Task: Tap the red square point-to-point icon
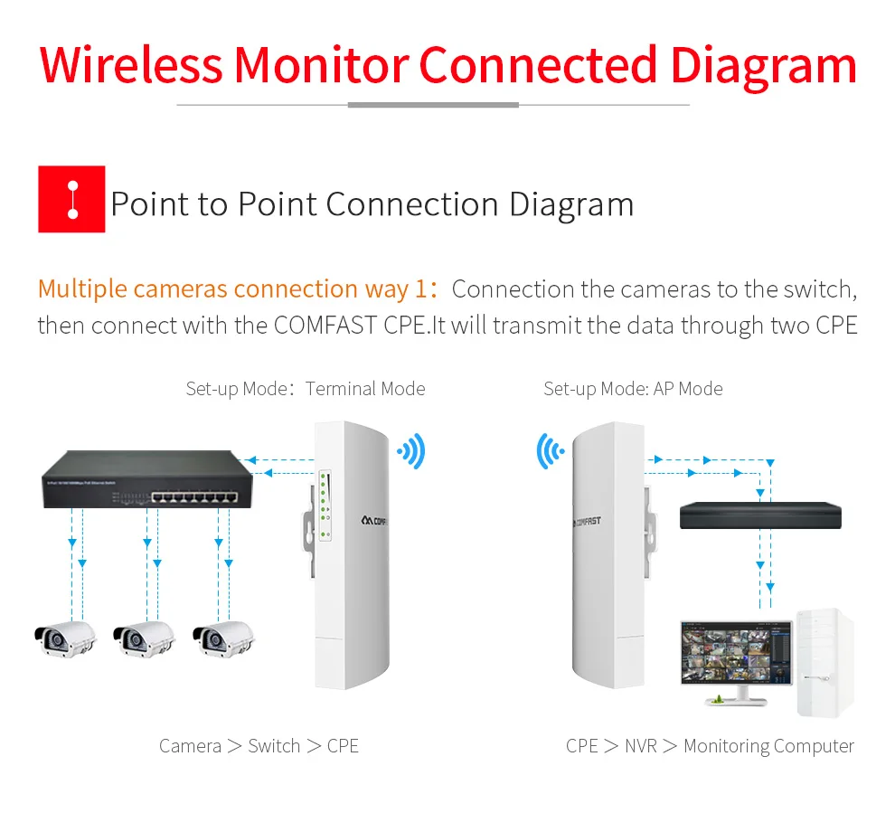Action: click(71, 199)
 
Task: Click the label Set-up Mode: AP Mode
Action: click(633, 389)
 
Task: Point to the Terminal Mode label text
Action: click(365, 389)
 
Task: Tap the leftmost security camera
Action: click(64, 638)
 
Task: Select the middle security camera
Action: click(144, 638)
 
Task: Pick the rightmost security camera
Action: click(223, 638)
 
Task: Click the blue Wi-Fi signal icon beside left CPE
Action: click(411, 450)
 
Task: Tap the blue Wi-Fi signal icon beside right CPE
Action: click(550, 450)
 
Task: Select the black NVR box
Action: click(760, 515)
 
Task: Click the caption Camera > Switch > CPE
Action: click(259, 746)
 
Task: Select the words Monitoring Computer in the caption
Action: click(768, 746)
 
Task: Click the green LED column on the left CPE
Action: click(322, 502)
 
